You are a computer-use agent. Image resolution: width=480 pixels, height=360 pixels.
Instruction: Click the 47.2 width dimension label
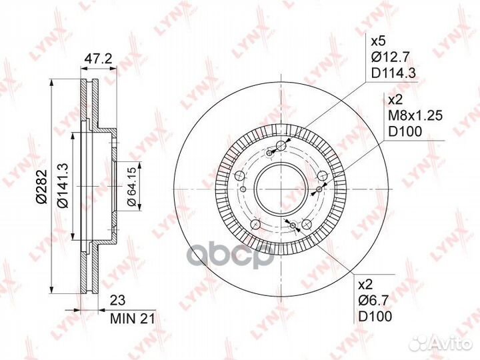[x=98, y=58]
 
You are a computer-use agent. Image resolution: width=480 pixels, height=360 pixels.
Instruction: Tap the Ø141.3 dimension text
[x=63, y=186]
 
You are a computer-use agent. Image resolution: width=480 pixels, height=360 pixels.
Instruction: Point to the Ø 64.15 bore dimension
[x=131, y=186]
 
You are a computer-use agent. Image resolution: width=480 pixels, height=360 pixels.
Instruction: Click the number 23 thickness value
[x=117, y=301]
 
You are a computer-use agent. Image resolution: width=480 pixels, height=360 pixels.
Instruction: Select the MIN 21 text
[x=133, y=319]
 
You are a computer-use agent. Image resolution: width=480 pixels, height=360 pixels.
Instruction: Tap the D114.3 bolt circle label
[x=393, y=73]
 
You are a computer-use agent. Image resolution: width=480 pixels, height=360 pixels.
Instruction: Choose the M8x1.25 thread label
[x=415, y=115]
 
